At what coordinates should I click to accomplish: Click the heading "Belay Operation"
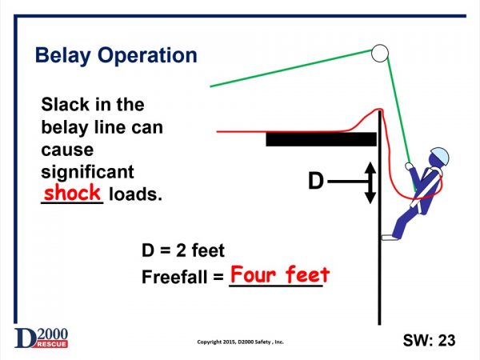[116, 56]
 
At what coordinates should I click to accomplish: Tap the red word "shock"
[72, 193]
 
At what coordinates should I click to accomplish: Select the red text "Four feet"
[280, 275]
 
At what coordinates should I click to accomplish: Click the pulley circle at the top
[379, 54]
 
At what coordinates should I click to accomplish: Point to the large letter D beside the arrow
[316, 182]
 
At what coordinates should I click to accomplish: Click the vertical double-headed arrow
[370, 182]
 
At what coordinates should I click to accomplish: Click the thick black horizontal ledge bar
[321, 140]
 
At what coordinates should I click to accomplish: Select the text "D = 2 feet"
[183, 252]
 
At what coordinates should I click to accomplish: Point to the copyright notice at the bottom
[240, 342]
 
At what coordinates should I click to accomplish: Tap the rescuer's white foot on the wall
[390, 236]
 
